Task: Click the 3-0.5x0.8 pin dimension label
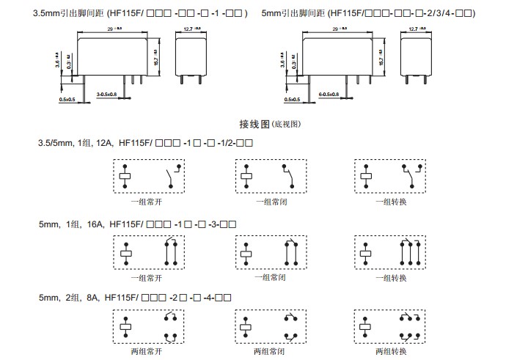(111, 95)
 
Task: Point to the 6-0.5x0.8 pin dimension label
(329, 95)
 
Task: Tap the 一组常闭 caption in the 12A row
(270, 201)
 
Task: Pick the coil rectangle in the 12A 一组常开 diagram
(125, 176)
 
